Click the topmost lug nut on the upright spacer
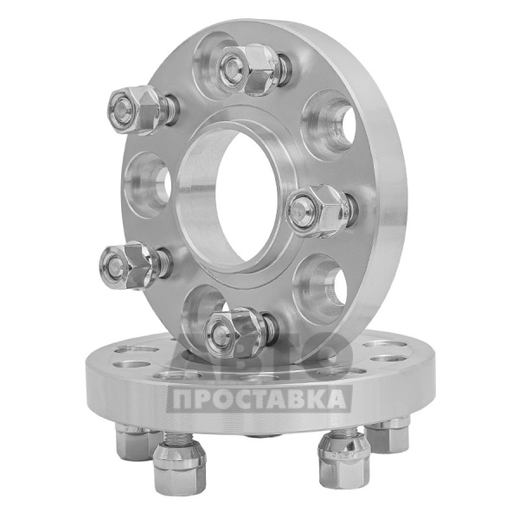click(x=248, y=69)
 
